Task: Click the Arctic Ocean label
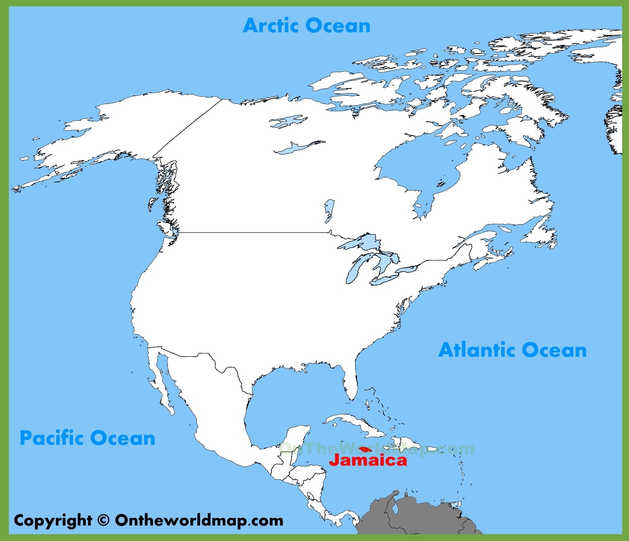coord(307,25)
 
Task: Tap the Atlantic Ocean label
coord(512,350)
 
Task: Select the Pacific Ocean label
coord(87,438)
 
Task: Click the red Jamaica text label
coord(368,460)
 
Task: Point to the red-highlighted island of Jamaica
coord(365,449)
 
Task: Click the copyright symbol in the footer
coord(103,520)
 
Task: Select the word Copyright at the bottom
coord(53,520)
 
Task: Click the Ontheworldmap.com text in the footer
coord(199,520)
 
